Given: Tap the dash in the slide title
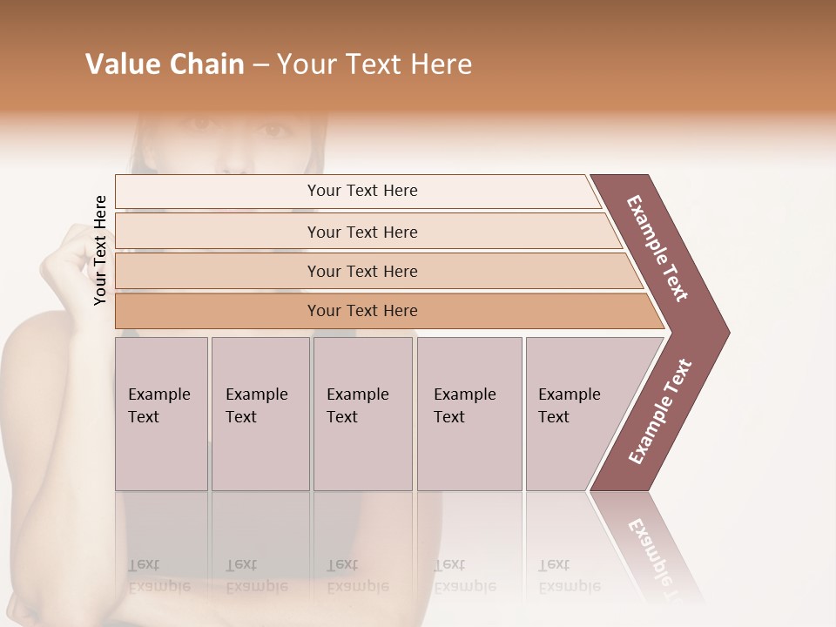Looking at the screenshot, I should click(x=260, y=65).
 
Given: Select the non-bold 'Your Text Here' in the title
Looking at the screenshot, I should click(x=374, y=64).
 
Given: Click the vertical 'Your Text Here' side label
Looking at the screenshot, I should click(x=100, y=250).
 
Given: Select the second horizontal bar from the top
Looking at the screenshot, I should click(x=361, y=232).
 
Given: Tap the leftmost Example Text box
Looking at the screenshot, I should click(x=161, y=413).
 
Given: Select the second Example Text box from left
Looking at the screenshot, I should click(x=260, y=413).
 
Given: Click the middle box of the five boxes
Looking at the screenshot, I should click(x=362, y=413).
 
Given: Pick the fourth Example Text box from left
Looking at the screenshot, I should click(x=469, y=413).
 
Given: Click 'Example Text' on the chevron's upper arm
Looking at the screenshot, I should click(x=657, y=248).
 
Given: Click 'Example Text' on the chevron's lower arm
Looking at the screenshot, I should click(x=660, y=412).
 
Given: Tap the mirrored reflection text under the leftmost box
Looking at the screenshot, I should click(x=159, y=576).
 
